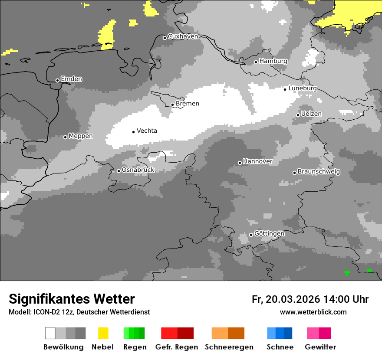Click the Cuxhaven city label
tap(183, 36)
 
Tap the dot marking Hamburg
tap(256, 62)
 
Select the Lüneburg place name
tap(303, 88)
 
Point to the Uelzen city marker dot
tap(298, 115)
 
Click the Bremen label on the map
tap(188, 104)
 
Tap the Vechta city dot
tap(133, 132)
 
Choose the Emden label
tap(71, 79)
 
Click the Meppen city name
tap(81, 136)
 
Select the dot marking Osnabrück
tap(119, 171)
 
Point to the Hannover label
tap(258, 161)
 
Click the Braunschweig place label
tap(319, 172)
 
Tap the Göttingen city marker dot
tap(251, 235)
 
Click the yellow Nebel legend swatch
tap(103, 333)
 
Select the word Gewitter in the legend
tap(320, 347)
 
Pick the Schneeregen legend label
tap(229, 347)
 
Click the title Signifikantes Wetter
tap(72, 299)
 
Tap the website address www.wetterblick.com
tap(313, 312)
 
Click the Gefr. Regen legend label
tap(176, 347)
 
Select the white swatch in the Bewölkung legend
tap(50, 333)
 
